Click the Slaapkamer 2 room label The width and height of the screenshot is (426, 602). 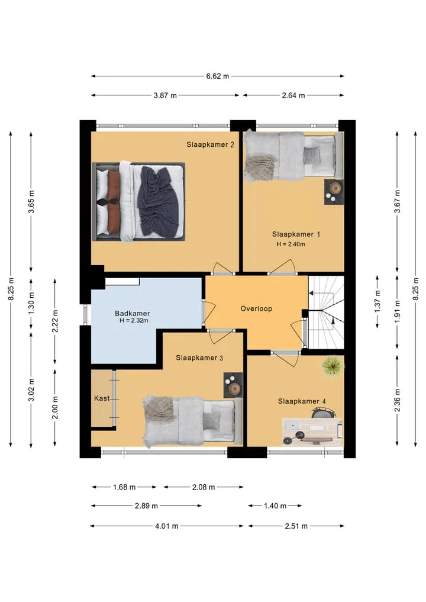click(210, 145)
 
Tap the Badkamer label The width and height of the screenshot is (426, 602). click(133, 313)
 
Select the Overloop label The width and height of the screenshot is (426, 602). click(256, 308)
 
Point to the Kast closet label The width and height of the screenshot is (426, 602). click(102, 398)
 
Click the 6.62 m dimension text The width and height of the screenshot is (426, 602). click(218, 76)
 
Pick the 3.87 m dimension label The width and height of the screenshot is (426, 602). click(165, 95)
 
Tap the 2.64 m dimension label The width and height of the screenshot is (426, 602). click(293, 95)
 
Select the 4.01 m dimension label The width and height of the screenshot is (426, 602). click(167, 526)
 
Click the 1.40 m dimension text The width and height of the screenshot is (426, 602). click(275, 506)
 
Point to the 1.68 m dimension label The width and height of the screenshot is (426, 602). click(124, 487)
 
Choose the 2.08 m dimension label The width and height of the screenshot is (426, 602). click(204, 487)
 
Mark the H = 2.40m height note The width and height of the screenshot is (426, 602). click(291, 244)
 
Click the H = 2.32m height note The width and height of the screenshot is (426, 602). click(134, 321)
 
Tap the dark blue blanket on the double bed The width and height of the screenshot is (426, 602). click(160, 201)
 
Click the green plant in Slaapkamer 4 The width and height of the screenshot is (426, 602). click(333, 366)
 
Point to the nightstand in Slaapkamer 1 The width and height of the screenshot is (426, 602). click(334, 192)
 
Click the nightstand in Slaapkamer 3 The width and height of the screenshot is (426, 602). click(233, 385)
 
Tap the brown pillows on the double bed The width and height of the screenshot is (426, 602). click(113, 201)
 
